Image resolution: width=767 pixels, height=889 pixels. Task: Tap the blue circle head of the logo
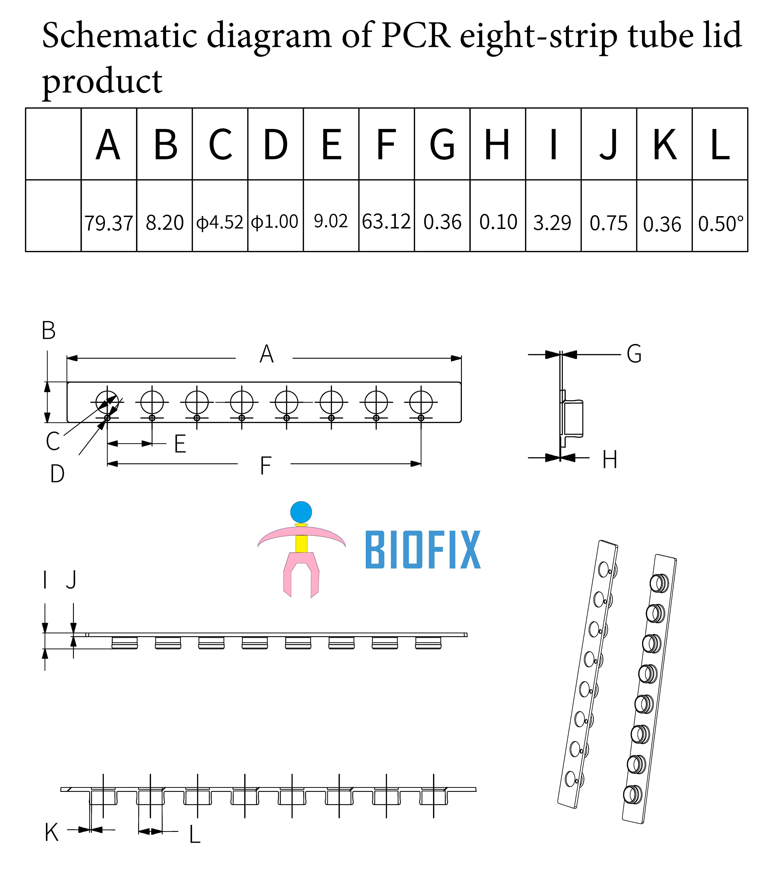[301, 512]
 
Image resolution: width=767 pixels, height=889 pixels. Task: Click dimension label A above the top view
[267, 354]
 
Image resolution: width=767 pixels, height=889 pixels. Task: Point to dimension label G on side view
[634, 354]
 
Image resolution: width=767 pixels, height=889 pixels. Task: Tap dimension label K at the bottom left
[52, 833]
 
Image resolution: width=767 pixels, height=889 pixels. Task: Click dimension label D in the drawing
[57, 474]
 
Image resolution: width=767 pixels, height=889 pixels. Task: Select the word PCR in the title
[416, 35]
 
